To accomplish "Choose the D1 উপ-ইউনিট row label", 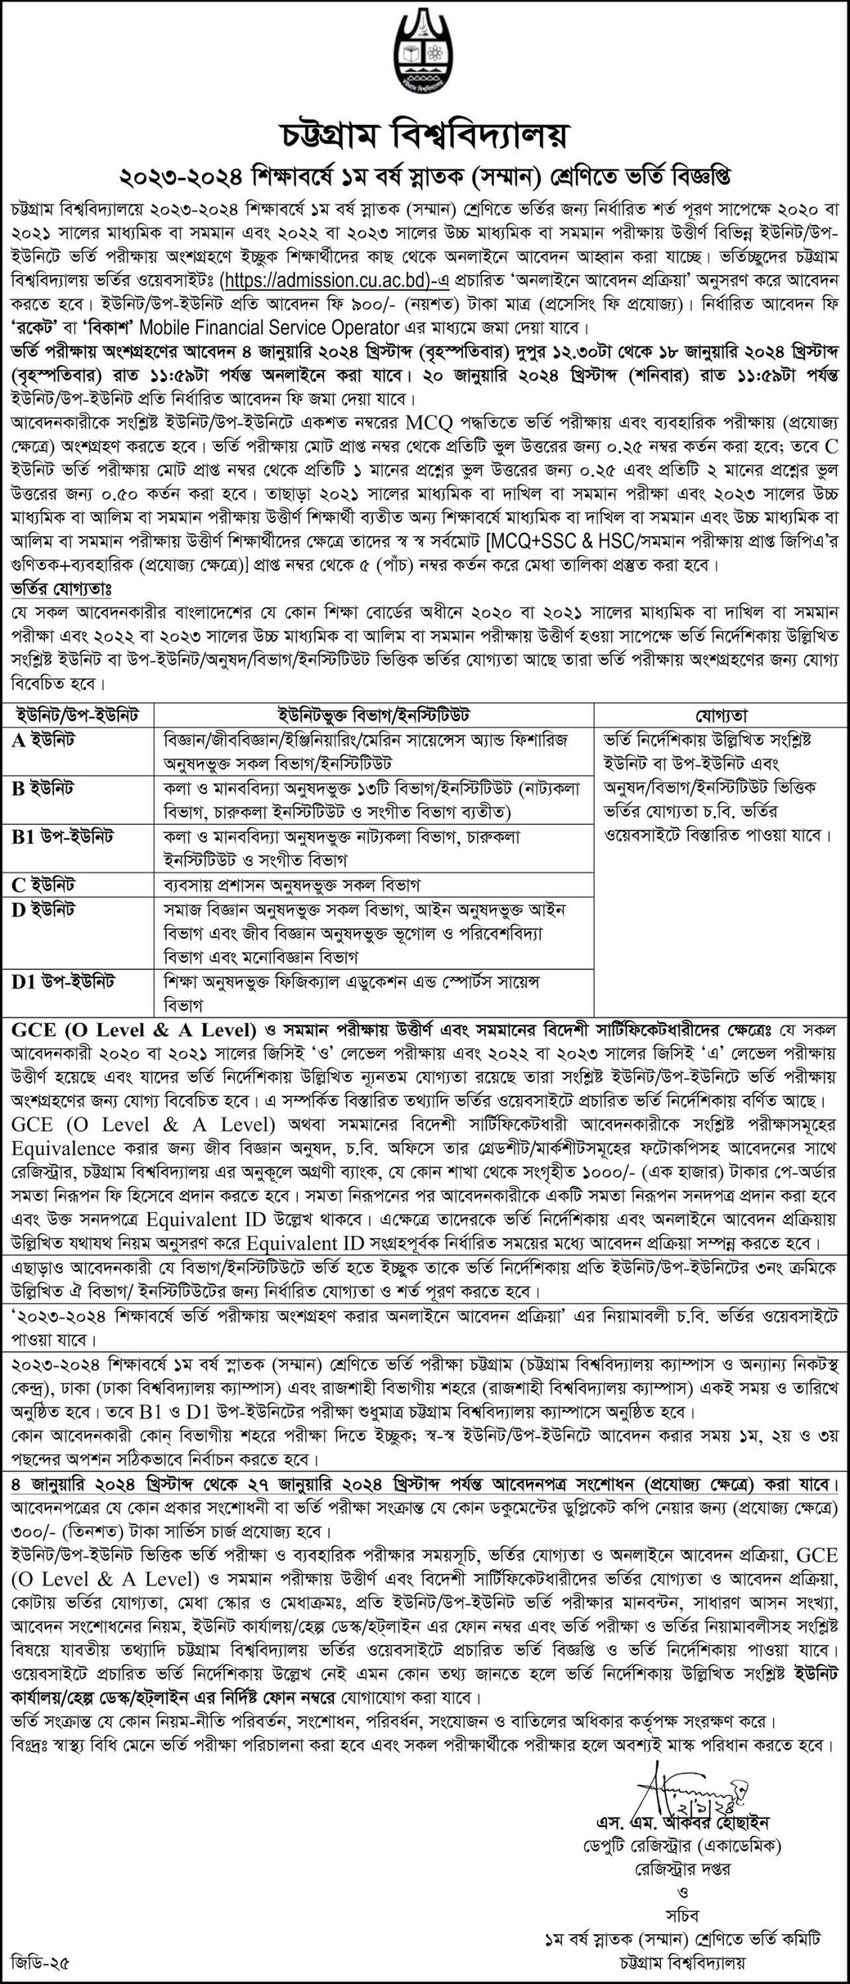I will (x=63, y=982).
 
